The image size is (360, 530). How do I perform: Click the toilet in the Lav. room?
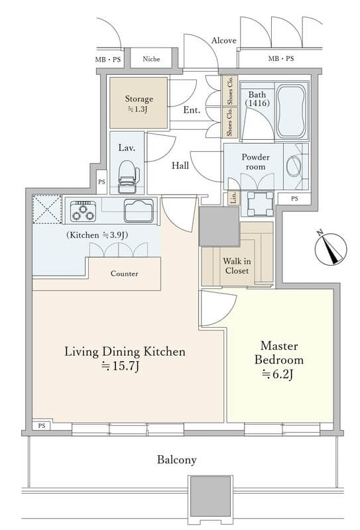pyautogui.click(x=129, y=176)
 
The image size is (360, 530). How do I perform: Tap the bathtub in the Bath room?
pyautogui.click(x=291, y=111)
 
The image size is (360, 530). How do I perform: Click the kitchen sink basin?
pyautogui.click(x=139, y=211)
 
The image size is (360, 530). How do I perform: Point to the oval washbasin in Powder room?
pyautogui.click(x=294, y=166)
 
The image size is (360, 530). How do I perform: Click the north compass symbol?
pyautogui.click(x=331, y=248)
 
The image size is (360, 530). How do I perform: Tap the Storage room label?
pyautogui.click(x=139, y=103)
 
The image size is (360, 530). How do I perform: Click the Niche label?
pyautogui.click(x=151, y=59)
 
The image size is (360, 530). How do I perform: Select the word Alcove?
pyautogui.click(x=223, y=40)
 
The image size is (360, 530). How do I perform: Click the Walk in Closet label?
pyautogui.click(x=237, y=266)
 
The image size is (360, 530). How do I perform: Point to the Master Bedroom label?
pyautogui.click(x=279, y=352)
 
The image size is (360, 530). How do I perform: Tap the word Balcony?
pyautogui.click(x=176, y=460)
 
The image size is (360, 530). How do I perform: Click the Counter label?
pyautogui.click(x=124, y=274)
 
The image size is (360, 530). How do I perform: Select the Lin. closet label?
pyautogui.click(x=233, y=198)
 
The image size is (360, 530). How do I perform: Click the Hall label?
pyautogui.click(x=180, y=166)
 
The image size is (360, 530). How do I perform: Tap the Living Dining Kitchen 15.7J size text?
pyautogui.click(x=121, y=366)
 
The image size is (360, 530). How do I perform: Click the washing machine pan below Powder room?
pyautogui.click(x=260, y=203)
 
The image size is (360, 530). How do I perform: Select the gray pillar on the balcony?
pyautogui.click(x=210, y=496)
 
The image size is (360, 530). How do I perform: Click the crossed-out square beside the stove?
pyautogui.click(x=47, y=209)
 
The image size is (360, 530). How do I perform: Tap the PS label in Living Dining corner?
pyautogui.click(x=42, y=426)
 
